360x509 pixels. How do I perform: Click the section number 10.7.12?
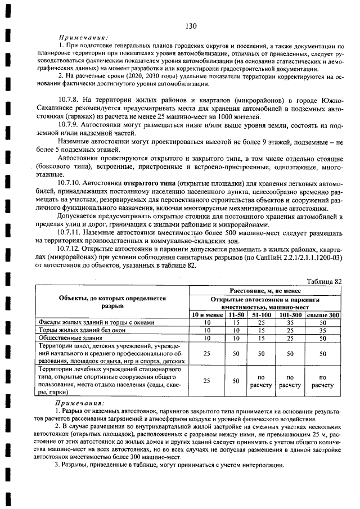(x=71, y=248)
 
